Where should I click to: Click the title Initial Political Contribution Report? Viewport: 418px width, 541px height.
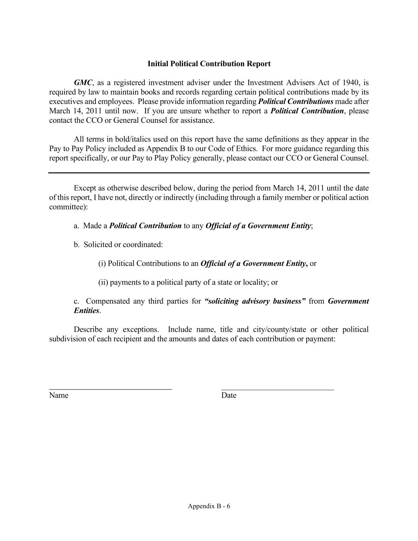pos(209,64)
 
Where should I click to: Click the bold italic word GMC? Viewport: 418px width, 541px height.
pos(83,83)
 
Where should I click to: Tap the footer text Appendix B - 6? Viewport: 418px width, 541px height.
pos(209,506)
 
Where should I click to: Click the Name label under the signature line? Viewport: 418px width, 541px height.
pos(59,396)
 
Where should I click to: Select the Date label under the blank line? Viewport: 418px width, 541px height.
pos(229,396)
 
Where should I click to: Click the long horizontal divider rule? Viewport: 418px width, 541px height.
pos(209,173)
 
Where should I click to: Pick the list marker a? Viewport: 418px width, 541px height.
pos(76,226)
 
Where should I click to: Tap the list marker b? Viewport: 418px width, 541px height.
pos(76,245)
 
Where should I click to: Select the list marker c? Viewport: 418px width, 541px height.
pos(76,301)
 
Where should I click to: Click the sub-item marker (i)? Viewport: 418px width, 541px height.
pos(102,264)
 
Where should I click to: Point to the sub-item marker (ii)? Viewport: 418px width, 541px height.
pos(103,283)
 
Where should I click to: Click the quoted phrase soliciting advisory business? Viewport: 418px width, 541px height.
pos(255,301)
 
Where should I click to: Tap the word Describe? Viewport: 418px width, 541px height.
pos(88,330)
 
